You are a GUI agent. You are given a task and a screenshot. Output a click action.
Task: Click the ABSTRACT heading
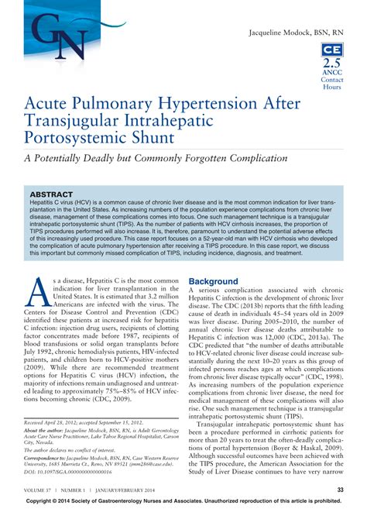pyautogui.click(x=52, y=194)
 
